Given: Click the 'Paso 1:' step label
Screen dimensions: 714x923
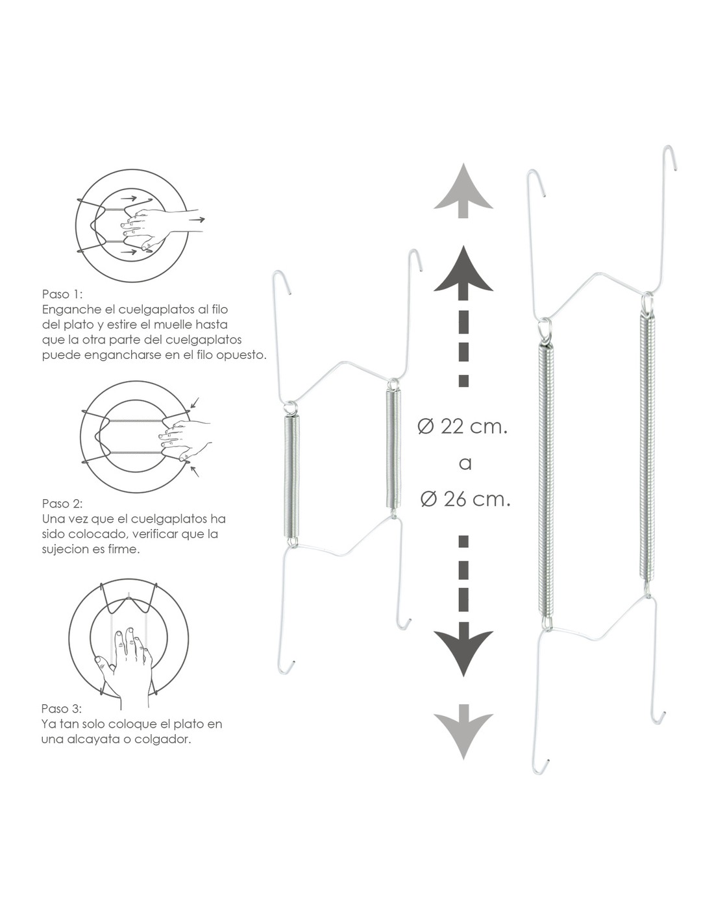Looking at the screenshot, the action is (62, 294).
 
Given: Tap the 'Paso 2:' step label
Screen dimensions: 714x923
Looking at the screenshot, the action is (62, 503).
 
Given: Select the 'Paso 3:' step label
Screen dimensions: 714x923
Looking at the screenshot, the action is (61, 709).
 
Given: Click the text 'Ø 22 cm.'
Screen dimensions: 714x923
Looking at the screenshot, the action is (463, 426).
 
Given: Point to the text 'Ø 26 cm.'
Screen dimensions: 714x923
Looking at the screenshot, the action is (465, 499).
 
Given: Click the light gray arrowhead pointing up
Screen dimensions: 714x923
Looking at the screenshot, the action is (463, 191).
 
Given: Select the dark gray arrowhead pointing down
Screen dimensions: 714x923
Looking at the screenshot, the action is (463, 650).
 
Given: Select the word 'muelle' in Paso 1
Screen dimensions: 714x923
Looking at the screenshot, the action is (175, 325).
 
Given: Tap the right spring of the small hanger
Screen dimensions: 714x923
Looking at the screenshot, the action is (394, 449).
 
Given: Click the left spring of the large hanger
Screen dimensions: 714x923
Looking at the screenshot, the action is (547, 480).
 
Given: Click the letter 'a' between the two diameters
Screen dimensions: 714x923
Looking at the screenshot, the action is (465, 464).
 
